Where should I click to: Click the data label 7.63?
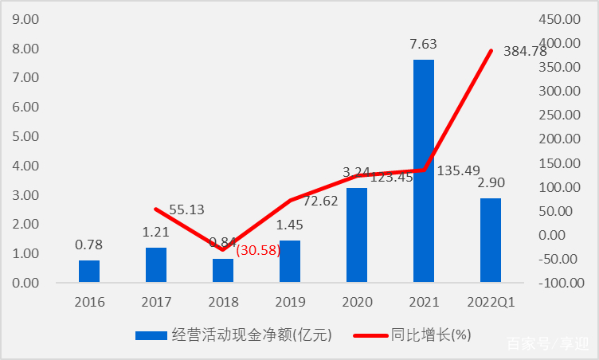(x=423, y=45)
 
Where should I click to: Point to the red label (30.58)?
(x=258, y=249)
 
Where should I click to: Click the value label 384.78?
(x=525, y=51)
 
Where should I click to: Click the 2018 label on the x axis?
(x=223, y=302)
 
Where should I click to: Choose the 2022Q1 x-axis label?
(x=491, y=302)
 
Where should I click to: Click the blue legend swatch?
(x=150, y=335)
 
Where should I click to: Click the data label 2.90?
(x=490, y=183)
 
